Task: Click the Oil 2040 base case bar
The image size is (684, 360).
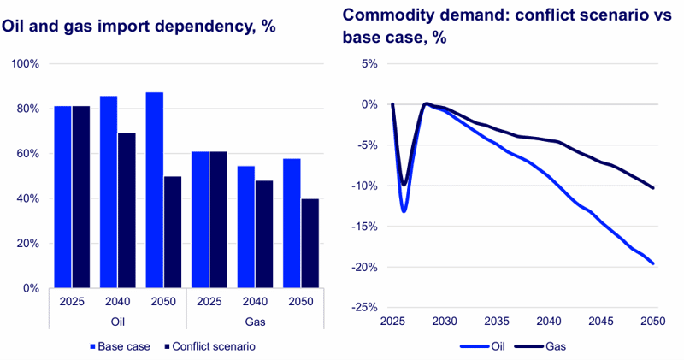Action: coord(109,192)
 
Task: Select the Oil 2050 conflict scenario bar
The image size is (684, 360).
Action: coord(173,232)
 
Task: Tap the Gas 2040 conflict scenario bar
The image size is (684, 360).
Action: coord(264,234)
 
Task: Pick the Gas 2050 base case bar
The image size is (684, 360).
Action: coord(292,223)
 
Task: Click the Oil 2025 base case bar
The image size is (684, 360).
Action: coord(62,197)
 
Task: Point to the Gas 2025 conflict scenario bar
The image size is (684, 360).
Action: coord(219,220)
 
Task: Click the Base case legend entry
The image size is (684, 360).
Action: coord(120,346)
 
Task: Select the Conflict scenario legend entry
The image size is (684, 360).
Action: coord(209,346)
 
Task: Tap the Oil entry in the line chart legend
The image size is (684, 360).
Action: coord(482,346)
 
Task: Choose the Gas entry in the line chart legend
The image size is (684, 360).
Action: coord(540,346)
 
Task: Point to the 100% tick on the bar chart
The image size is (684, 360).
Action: coord(26,64)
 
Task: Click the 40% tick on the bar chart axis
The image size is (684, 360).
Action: coord(28,198)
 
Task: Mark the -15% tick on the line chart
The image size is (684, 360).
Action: coord(364,227)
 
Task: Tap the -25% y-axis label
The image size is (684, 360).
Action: coord(364,308)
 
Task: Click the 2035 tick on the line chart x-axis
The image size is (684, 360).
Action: coord(497,322)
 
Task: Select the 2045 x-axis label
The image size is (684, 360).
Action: coord(601,322)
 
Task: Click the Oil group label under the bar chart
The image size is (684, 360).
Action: coord(118,322)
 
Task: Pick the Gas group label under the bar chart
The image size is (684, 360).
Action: coord(255,322)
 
